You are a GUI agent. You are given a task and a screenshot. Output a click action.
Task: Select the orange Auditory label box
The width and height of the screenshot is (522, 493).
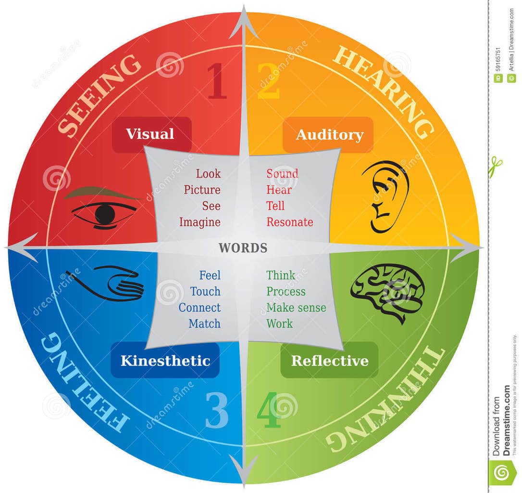(329, 134)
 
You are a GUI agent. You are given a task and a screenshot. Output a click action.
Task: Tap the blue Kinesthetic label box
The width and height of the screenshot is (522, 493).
(165, 361)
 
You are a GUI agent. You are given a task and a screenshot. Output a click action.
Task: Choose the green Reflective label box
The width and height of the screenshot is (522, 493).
(329, 361)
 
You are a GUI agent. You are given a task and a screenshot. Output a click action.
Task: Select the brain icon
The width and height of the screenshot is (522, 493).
(387, 291)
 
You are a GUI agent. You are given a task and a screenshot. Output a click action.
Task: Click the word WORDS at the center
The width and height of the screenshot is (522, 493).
(243, 248)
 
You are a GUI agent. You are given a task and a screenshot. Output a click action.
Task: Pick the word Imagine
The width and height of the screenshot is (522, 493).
(200, 222)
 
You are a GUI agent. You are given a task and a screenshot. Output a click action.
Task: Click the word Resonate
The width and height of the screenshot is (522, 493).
(290, 222)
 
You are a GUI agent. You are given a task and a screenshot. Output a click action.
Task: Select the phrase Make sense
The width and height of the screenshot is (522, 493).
(296, 308)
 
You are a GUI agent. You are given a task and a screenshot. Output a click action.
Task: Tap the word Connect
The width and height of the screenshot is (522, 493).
(199, 308)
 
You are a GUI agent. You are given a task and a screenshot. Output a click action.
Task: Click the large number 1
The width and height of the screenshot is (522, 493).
(217, 82)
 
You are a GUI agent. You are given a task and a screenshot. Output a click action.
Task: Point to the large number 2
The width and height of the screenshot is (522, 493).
(268, 82)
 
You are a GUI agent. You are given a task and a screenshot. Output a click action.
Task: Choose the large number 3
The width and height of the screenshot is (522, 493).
(217, 412)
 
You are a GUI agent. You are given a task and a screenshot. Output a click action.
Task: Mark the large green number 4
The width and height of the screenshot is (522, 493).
(268, 412)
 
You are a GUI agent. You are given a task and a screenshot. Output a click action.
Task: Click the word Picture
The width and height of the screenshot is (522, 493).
(202, 190)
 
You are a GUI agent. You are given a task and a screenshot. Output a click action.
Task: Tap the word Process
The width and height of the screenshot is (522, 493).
(286, 291)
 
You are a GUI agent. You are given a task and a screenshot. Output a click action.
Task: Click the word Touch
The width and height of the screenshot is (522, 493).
(205, 291)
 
